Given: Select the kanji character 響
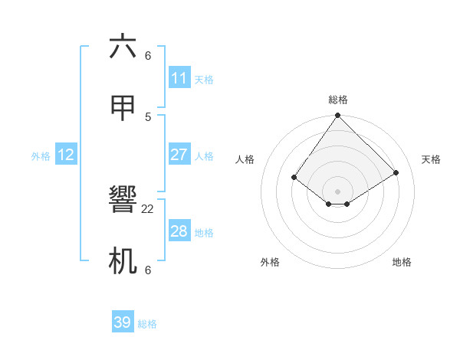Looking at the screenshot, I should point(123,201).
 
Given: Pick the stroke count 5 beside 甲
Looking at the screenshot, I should point(148,116).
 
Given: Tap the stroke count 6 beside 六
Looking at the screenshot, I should point(148,56).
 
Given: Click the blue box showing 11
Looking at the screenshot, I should point(179,78).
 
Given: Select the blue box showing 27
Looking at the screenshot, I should point(179,155).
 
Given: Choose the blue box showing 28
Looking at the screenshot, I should point(179,231).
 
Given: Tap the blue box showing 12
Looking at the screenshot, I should point(66,155).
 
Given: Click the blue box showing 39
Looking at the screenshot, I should point(123,322).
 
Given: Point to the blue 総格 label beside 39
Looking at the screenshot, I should point(147,324).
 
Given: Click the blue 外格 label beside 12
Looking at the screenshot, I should point(41,156).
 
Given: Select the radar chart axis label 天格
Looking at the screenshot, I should point(431,159).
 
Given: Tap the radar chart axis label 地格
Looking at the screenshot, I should point(402,262).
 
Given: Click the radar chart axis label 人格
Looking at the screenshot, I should point(245,159).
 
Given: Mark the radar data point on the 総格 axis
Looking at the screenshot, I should point(337,116).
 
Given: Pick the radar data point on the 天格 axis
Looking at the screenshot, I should point(396,172).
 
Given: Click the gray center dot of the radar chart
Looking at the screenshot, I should point(337,191).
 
